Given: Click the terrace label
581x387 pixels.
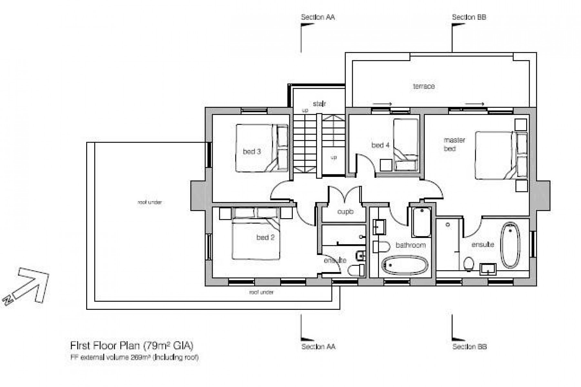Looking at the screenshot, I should [423, 86].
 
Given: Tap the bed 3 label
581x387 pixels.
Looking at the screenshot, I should [252, 151].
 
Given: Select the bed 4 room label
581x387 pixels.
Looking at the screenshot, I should [380, 145].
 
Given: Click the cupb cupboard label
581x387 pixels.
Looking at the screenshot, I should [345, 212].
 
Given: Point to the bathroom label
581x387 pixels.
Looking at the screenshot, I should [411, 245].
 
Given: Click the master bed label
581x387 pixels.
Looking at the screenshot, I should [454, 144].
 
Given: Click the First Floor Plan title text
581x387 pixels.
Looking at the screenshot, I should [132, 346].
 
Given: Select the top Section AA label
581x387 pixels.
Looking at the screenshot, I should [318, 17].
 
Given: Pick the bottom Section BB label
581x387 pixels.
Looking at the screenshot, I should [469, 347].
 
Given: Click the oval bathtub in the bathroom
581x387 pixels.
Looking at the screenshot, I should [405, 265].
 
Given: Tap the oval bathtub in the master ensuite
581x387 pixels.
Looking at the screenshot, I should [510, 245].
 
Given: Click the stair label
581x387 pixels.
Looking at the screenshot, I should [319, 104].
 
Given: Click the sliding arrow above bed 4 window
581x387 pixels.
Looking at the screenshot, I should [382, 104].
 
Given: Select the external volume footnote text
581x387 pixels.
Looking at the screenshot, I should [134, 357].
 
